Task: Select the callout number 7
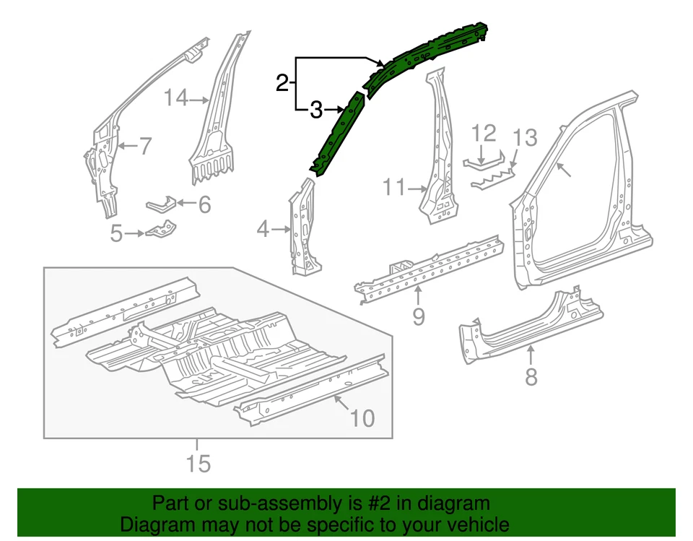pyautogui.click(x=144, y=147)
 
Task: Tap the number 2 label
pyautogui.click(x=282, y=83)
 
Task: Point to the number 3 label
pyautogui.click(x=315, y=111)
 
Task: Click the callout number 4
pyautogui.click(x=263, y=230)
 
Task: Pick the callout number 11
pyautogui.click(x=395, y=189)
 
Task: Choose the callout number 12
pyautogui.click(x=484, y=134)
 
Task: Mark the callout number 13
pyautogui.click(x=526, y=137)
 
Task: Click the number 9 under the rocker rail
pyautogui.click(x=419, y=316)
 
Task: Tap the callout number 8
pyautogui.click(x=531, y=376)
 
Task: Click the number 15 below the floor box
pyautogui.click(x=198, y=463)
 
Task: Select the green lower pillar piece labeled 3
pyautogui.click(x=336, y=134)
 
